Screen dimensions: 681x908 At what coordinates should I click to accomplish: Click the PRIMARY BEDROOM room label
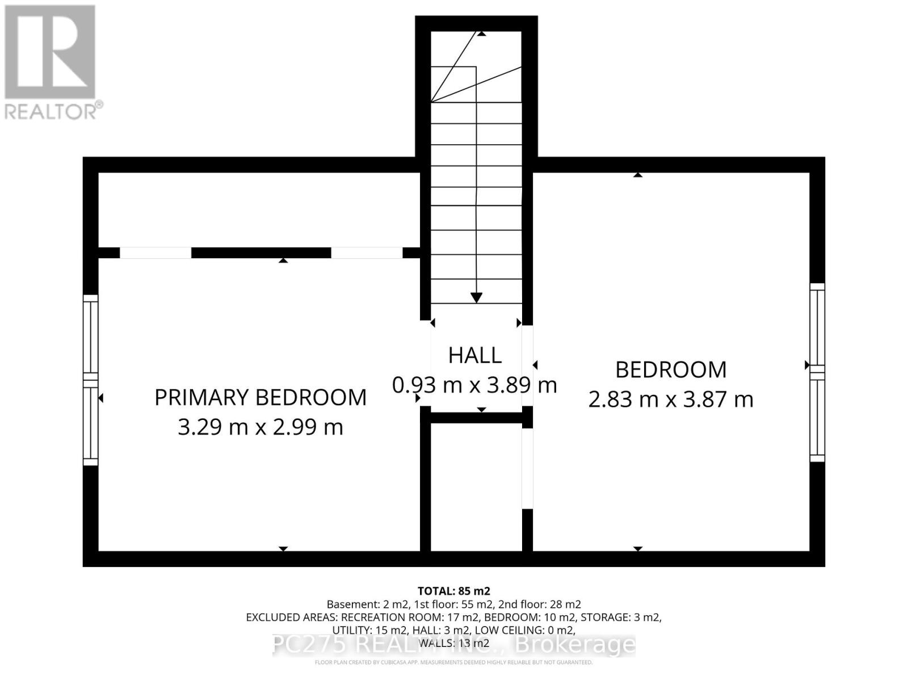pos(260,397)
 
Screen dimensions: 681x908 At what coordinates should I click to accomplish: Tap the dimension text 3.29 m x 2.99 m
pos(260,427)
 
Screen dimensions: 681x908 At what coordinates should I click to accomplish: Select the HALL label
pos(475,355)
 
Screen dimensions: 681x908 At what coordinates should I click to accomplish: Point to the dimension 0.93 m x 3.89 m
pos(475,385)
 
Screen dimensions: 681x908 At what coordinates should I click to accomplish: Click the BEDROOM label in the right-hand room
pos(671,369)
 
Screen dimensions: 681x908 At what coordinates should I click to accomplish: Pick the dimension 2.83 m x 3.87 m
pos(671,400)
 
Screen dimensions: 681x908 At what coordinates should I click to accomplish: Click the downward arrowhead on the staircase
pos(476,297)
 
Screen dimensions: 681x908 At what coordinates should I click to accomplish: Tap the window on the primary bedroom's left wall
pos(90,380)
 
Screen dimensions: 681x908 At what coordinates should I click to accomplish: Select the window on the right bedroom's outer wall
pos(817,372)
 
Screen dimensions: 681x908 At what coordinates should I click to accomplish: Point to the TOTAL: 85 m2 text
pos(453,591)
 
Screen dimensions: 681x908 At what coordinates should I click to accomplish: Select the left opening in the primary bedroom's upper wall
pos(155,253)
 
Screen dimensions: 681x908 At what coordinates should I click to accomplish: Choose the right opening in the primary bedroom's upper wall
pos(367,253)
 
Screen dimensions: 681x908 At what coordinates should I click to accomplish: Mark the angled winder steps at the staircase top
pos(476,68)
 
